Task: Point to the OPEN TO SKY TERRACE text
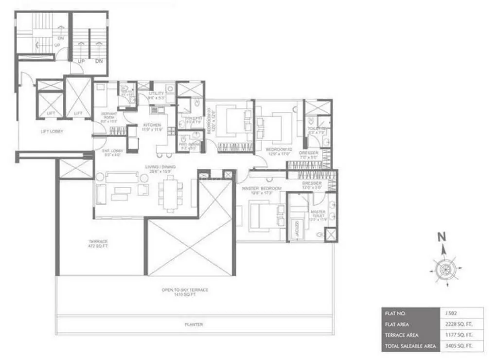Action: click(185, 290)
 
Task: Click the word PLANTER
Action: click(194, 324)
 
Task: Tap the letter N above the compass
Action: click(442, 237)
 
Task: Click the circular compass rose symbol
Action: click(444, 269)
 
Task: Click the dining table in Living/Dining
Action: click(170, 193)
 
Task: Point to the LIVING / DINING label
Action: click(160, 169)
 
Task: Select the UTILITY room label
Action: click(156, 94)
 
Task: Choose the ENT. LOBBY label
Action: click(113, 151)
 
